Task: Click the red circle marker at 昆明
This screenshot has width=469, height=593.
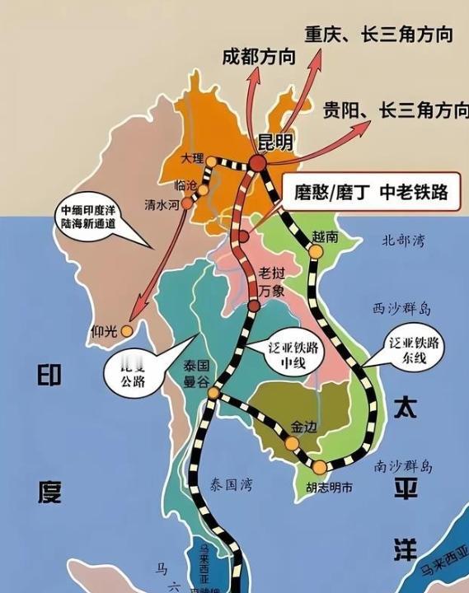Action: pyautogui.click(x=258, y=164)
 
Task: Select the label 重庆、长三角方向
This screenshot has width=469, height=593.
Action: pyautogui.click(x=378, y=35)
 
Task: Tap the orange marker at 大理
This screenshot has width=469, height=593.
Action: pyautogui.click(x=211, y=161)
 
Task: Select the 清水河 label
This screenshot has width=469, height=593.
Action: pyautogui.click(x=161, y=203)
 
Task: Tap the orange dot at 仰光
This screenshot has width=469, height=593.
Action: pyautogui.click(x=126, y=331)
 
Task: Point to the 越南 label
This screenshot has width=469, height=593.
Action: pyautogui.click(x=325, y=236)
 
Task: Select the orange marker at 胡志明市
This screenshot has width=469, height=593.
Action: pyautogui.click(x=319, y=467)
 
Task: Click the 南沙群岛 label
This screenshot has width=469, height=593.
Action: pyautogui.click(x=404, y=466)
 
